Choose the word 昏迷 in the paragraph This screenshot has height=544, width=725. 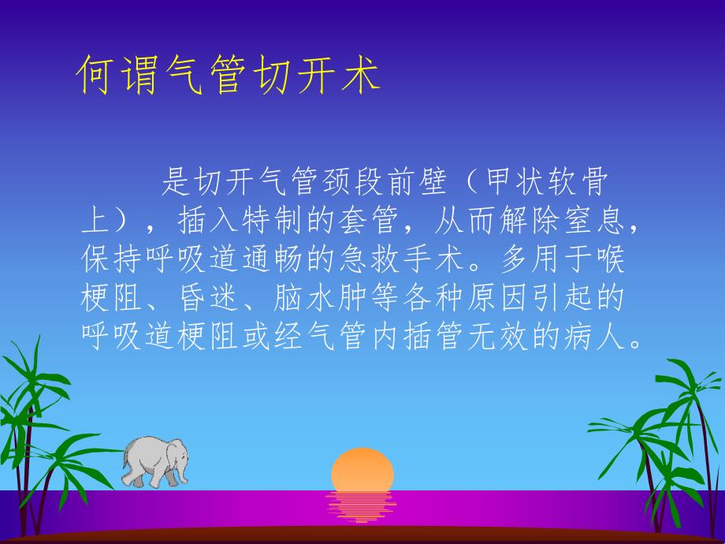(194, 299)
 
